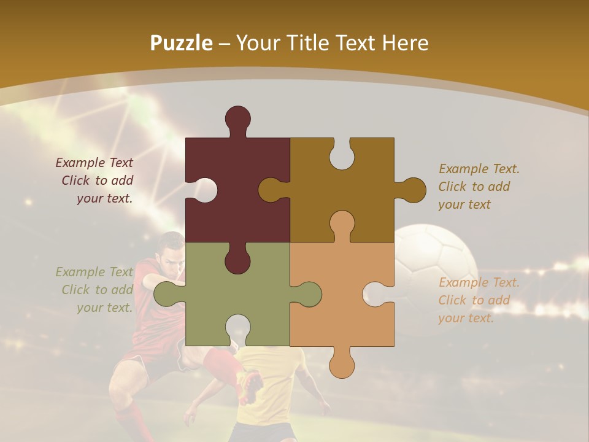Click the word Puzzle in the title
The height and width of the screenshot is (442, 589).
point(182,43)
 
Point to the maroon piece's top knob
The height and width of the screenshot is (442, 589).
point(237,120)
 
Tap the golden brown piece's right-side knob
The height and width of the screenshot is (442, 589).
point(411,190)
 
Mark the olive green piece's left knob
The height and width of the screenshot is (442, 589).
point(166,293)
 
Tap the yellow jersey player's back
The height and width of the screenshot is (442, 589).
point(270,381)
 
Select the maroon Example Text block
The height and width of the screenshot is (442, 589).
point(94,180)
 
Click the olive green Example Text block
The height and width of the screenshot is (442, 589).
point(94,290)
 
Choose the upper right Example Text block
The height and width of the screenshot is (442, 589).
point(479,187)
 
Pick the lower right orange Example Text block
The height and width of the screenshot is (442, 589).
point(479,300)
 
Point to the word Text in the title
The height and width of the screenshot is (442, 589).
point(357,43)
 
